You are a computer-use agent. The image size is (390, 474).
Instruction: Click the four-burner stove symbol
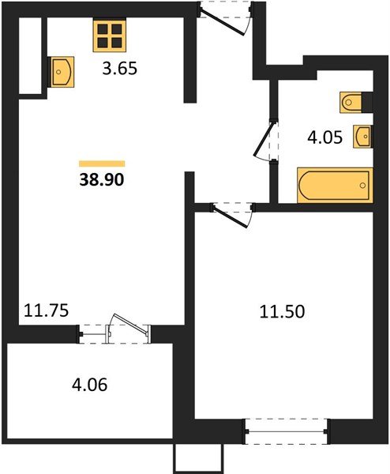[110, 36]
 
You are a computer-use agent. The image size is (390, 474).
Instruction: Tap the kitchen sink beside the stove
[62, 72]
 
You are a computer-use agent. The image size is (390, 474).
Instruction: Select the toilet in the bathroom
[351, 102]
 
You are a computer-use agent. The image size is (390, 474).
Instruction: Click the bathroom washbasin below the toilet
[362, 137]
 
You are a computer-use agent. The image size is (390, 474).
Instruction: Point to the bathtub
[335, 185]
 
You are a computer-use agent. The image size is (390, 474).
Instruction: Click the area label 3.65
[120, 69]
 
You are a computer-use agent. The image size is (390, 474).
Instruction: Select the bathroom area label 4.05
[324, 137]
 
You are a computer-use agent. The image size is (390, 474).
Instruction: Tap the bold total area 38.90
[102, 180]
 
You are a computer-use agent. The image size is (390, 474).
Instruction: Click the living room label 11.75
[47, 310]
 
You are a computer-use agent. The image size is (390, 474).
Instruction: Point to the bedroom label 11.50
[282, 312]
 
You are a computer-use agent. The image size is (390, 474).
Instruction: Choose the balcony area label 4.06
[90, 386]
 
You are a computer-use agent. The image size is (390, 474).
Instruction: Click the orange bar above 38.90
[102, 164]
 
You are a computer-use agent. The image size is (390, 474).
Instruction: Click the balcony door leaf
[130, 324]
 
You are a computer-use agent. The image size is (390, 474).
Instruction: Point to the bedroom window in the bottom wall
[286, 431]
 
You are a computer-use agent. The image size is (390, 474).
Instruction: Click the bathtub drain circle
[362, 186]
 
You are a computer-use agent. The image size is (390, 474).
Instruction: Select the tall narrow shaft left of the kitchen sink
[30, 55]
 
